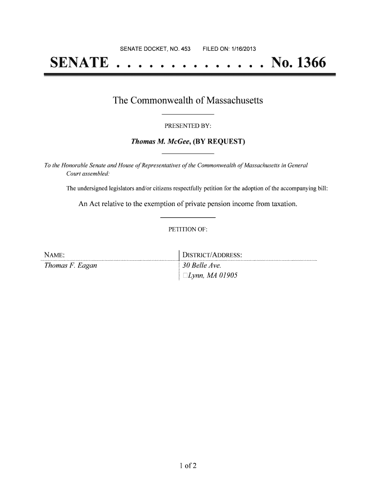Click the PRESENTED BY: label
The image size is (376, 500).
tap(188, 126)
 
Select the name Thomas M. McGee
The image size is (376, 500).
tap(161, 142)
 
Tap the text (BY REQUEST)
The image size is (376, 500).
tap(218, 142)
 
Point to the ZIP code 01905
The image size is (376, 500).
tap(227, 276)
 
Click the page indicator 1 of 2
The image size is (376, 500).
tap(188, 465)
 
